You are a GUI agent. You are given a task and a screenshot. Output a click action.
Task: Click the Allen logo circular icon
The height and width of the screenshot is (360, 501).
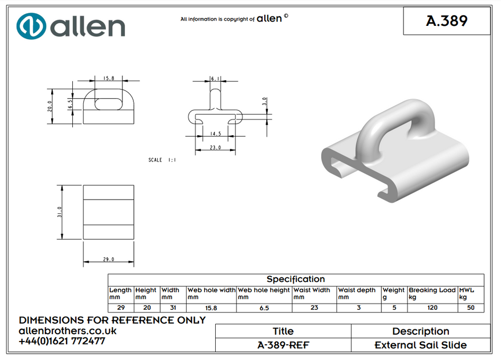31,26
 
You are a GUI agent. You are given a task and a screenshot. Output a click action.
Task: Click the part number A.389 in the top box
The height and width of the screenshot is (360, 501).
446,21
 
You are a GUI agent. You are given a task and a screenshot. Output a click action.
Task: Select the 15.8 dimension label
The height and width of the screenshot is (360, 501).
109,78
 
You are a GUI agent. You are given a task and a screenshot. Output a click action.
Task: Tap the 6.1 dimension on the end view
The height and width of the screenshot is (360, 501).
215,78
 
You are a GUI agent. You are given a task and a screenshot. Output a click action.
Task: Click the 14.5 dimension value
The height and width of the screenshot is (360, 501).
215,134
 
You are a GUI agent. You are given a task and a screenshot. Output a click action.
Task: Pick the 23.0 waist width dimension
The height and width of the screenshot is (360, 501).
215,148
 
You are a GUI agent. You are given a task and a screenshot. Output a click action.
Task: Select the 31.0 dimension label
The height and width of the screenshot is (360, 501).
60,212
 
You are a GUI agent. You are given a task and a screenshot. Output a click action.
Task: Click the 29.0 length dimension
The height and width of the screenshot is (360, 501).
109,259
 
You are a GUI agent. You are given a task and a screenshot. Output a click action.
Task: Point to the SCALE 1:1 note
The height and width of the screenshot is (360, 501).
162,159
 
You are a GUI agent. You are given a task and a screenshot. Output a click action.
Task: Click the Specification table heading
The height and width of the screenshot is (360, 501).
295,279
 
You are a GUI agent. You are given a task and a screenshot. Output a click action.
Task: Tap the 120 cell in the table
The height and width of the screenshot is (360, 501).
432,308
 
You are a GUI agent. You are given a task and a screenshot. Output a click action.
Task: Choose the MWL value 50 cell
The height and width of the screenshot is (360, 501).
470,308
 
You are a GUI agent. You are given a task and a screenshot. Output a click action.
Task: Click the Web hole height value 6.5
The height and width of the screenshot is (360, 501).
264,308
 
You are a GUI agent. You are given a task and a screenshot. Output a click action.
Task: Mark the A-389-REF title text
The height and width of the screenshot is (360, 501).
283,345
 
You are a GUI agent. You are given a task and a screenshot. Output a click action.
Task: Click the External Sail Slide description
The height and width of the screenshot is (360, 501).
420,345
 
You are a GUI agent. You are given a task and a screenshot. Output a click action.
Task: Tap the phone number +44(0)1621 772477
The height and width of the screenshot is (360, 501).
62,341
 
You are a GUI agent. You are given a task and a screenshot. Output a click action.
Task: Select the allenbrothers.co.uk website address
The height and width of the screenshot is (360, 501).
68,331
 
